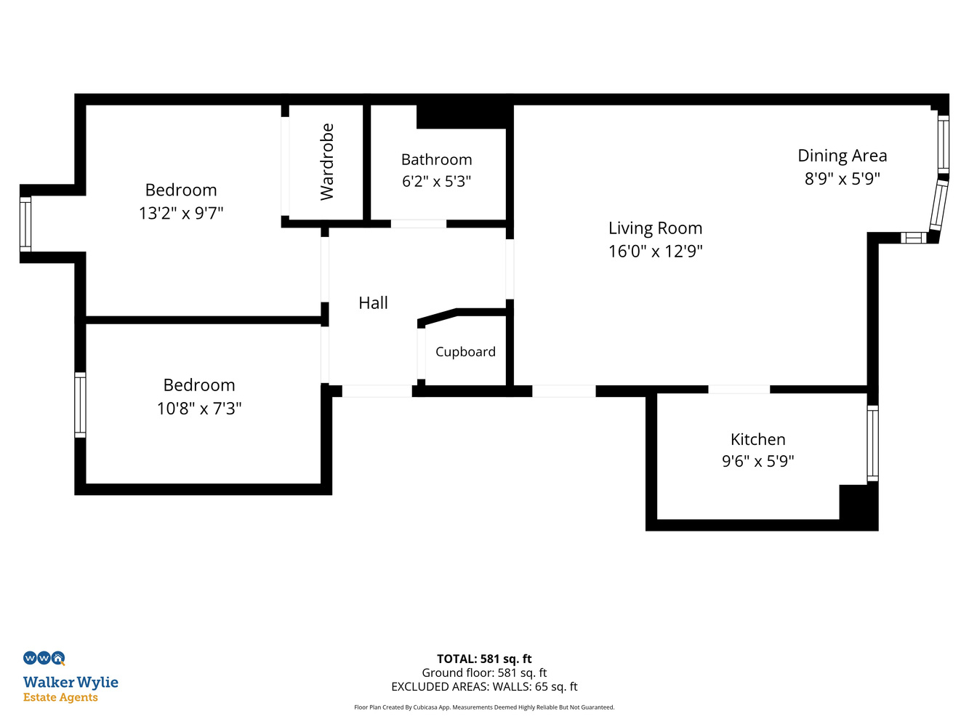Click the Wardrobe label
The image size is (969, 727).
click(326, 161)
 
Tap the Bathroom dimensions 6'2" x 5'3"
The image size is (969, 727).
click(436, 181)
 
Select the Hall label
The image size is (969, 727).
click(373, 303)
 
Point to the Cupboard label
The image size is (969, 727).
click(465, 352)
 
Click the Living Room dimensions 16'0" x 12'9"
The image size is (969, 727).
click(655, 251)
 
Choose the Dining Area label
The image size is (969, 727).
click(842, 156)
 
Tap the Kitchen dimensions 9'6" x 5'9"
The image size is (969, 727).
click(757, 461)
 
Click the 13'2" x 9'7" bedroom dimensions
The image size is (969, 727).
click(181, 213)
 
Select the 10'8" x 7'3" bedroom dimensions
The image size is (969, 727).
click(199, 409)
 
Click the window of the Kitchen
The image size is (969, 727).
click(872, 443)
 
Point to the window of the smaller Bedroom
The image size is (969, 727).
click(80, 405)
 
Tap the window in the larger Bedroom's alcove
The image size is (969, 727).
click(25, 224)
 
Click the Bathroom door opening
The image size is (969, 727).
click(419, 224)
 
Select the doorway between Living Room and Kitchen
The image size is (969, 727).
click(739, 390)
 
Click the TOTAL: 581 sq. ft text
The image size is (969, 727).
click(484, 659)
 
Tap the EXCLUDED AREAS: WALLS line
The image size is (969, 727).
click(484, 686)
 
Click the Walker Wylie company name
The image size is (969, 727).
click(71, 682)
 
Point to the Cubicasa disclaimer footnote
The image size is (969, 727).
click(484, 707)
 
